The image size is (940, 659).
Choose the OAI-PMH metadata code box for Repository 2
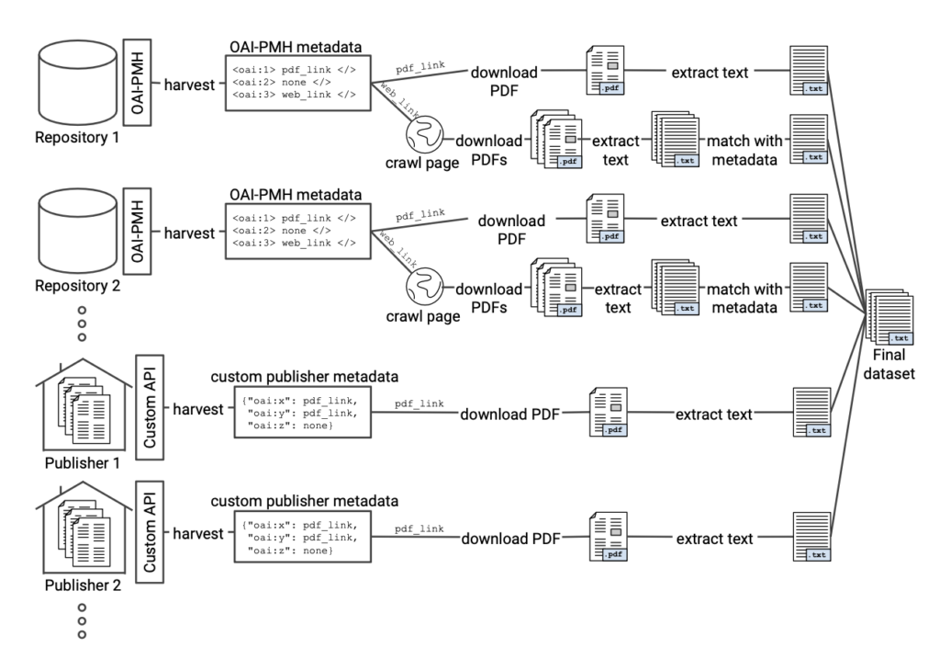coord(294,230)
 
